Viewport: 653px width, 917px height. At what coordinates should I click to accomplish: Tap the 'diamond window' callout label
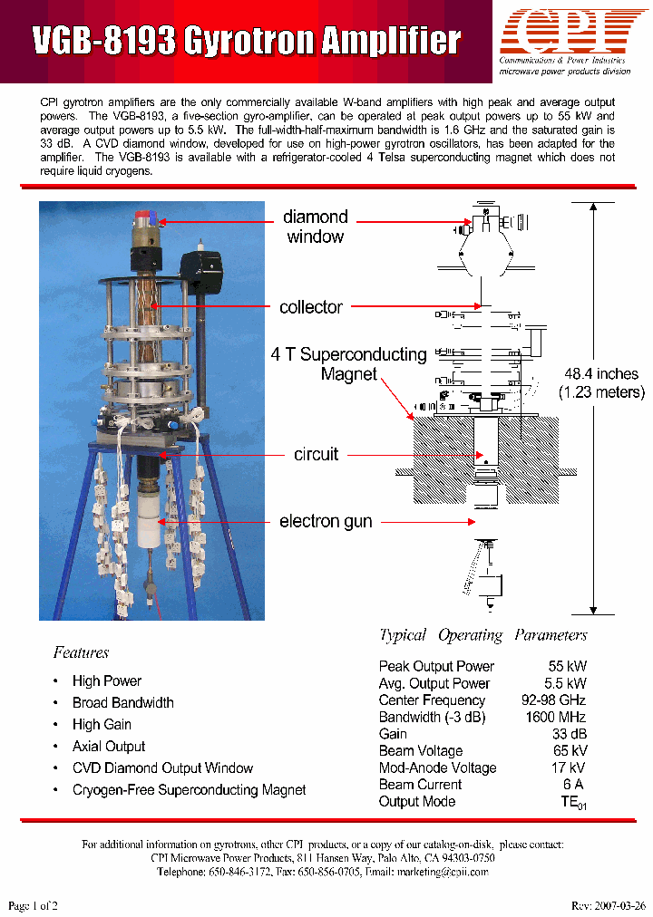(315, 227)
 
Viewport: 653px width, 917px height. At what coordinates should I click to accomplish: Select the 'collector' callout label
(310, 307)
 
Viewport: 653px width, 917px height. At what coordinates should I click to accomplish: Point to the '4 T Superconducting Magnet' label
(348, 364)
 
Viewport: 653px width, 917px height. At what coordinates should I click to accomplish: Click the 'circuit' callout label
(316, 454)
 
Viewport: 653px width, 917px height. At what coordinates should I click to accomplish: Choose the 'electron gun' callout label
(326, 521)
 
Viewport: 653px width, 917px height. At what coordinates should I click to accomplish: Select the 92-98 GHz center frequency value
(553, 700)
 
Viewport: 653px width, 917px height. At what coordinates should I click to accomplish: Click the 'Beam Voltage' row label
(421, 751)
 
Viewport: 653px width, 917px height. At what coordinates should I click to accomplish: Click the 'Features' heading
(81, 652)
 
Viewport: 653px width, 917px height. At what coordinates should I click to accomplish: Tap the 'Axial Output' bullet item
(109, 747)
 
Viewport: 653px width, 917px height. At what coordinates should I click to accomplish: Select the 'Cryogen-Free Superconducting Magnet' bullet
(189, 790)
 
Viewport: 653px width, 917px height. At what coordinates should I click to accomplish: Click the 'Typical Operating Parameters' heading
(482, 635)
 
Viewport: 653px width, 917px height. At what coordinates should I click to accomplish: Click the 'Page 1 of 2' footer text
(33, 905)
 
